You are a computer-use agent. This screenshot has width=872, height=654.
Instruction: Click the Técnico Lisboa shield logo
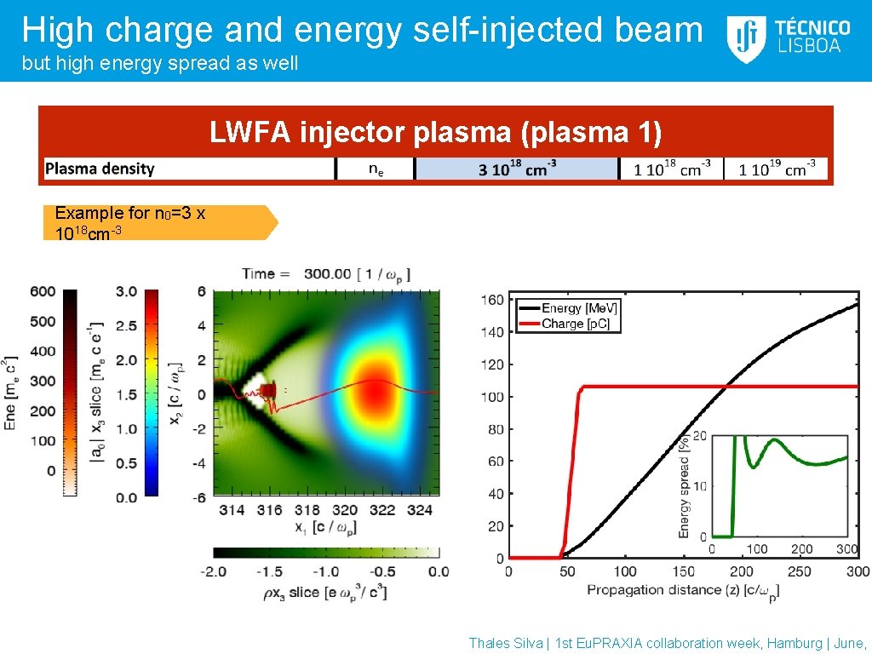746,39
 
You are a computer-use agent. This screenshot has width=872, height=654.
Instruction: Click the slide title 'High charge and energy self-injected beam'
363,30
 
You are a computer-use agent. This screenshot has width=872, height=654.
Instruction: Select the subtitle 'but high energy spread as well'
160,64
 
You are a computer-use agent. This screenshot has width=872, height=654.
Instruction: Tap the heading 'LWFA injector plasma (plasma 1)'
435,133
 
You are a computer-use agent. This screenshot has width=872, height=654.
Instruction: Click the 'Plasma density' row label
100,169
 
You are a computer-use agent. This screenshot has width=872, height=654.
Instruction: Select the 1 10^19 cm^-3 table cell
777,169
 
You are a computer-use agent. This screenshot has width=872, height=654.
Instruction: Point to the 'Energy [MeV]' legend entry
569,308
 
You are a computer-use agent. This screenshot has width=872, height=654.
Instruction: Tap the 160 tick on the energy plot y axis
492,300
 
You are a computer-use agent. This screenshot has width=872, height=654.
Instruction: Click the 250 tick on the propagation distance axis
800,571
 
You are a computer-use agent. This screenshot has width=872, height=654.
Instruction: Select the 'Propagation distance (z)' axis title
682,589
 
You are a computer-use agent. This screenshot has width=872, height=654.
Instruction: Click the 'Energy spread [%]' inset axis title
684,487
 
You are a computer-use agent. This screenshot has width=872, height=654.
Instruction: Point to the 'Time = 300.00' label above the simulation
326,273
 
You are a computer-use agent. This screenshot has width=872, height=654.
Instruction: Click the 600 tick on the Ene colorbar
43,292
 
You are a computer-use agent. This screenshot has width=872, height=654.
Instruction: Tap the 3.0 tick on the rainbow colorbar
126,292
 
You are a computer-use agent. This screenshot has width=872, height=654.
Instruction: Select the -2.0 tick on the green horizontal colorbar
213,571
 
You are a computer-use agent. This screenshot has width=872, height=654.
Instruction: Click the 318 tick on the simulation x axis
307,510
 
